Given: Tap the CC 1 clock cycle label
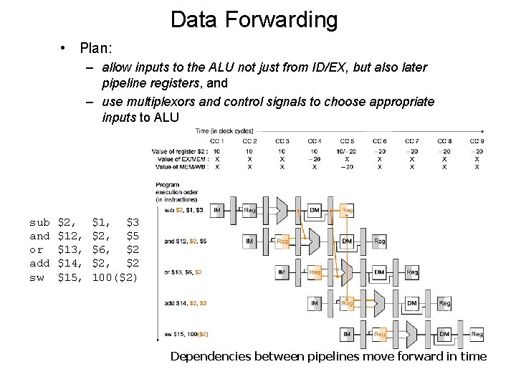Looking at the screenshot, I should (x=217, y=141).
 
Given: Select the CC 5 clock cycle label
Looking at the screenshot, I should (x=347, y=141).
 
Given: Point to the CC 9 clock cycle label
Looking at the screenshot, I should (x=477, y=141).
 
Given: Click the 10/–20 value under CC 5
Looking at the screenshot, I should (x=347, y=151).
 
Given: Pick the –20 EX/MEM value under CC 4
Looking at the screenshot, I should (x=315, y=159).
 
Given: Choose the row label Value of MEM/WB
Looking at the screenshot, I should (x=180, y=167).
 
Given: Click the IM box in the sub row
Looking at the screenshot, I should (x=217, y=209).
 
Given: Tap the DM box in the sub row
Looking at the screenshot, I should (x=315, y=209).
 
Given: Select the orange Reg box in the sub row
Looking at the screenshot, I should (x=347, y=209).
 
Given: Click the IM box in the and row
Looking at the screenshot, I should (x=249, y=242).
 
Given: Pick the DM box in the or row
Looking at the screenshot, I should (x=379, y=272).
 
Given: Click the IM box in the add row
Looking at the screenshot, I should (x=315, y=304).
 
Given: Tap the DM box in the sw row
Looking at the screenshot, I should (x=444, y=335).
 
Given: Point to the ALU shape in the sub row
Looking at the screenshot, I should (x=282, y=210).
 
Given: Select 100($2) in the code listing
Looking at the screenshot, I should (x=115, y=277).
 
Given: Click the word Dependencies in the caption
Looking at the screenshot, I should (x=211, y=356).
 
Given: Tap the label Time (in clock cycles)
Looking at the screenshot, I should (x=224, y=131).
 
